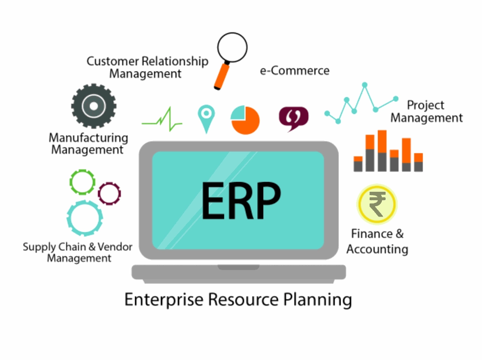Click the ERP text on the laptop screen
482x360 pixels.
(241, 200)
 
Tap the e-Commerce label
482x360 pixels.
(295, 71)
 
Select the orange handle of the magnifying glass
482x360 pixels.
(222, 76)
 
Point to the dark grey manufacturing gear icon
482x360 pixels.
(94, 106)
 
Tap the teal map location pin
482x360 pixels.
(206, 119)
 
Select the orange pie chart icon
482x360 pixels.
(245, 120)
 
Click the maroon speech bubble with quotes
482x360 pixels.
(293, 119)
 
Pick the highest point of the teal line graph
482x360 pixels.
(365, 85)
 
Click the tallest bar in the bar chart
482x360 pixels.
(382, 151)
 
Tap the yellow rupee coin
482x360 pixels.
(377, 204)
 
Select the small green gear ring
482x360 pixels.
(82, 182)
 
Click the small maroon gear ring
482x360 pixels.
(109, 193)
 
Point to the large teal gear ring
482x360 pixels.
(85, 218)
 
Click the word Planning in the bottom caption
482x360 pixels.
(317, 300)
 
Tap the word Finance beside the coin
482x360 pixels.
(372, 234)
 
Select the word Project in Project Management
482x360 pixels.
(426, 106)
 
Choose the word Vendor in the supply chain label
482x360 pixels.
(115, 246)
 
